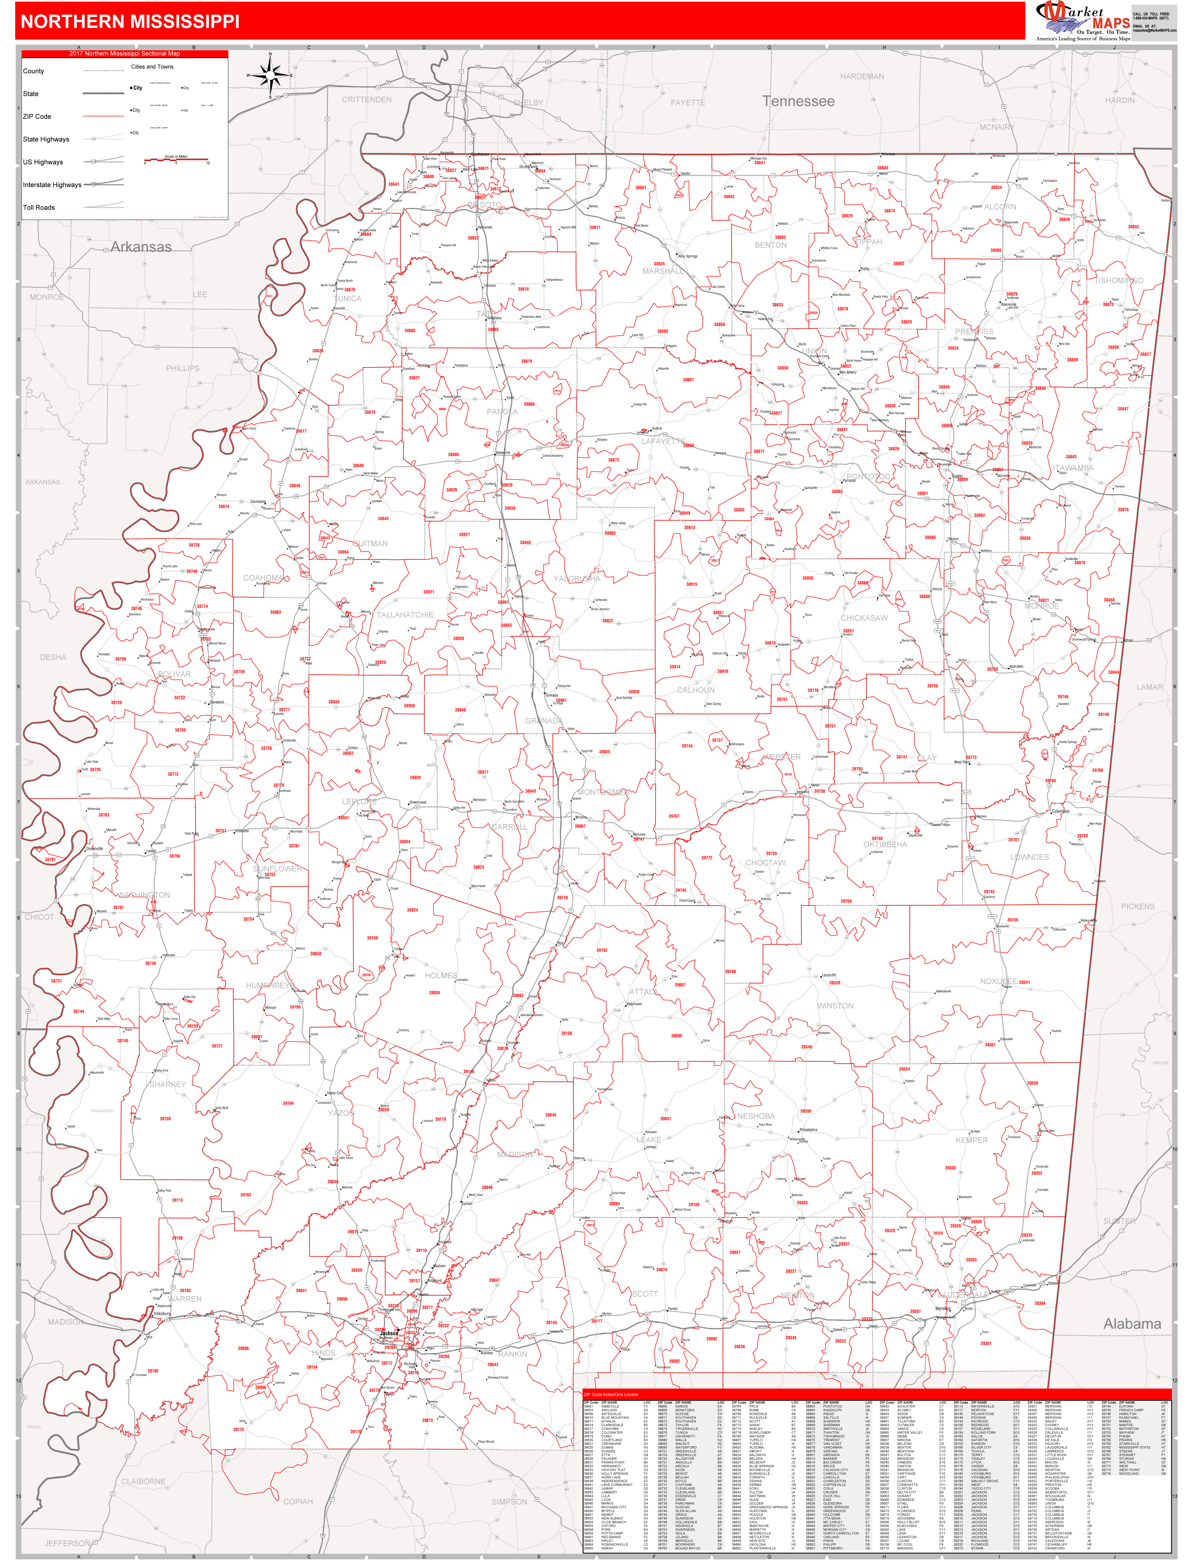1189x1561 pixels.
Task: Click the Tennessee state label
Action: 798,101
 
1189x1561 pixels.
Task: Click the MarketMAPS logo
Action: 1083,20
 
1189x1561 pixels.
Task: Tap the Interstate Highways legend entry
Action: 52,185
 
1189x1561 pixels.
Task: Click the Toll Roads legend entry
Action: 39,207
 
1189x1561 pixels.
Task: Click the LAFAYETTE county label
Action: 663,441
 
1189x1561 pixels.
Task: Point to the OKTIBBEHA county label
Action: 885,844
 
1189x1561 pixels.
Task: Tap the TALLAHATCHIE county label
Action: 405,615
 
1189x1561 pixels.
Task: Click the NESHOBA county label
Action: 756,1116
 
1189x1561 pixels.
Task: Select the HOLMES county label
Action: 441,975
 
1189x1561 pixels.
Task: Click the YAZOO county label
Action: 341,1113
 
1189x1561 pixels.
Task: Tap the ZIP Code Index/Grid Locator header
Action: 611,1394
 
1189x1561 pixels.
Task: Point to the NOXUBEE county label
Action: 998,982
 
